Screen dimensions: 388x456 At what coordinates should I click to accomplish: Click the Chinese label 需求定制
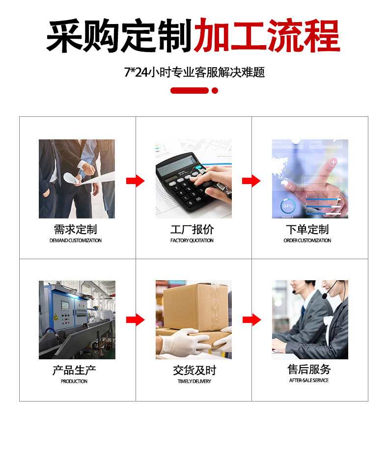[75, 229]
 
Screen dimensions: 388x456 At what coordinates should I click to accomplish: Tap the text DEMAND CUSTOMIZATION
[75, 241]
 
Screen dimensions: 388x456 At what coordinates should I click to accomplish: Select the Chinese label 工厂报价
[192, 229]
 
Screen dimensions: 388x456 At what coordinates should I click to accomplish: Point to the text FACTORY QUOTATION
[192, 241]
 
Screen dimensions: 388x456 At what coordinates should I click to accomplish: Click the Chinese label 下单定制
[307, 229]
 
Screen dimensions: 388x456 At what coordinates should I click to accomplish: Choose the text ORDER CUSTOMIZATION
[307, 241]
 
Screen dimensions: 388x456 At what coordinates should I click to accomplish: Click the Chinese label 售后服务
[309, 369]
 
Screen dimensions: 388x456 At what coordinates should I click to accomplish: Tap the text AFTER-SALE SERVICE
[309, 380]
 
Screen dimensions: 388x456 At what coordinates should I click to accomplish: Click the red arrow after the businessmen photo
[135, 181]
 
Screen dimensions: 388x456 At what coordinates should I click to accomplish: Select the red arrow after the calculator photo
[251, 181]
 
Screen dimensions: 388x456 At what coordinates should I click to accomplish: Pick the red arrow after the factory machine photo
[135, 320]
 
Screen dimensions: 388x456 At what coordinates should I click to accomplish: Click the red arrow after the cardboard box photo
[251, 320]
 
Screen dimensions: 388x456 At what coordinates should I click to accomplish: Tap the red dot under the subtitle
[215, 90]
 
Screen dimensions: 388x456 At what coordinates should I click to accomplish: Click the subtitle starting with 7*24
[194, 72]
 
